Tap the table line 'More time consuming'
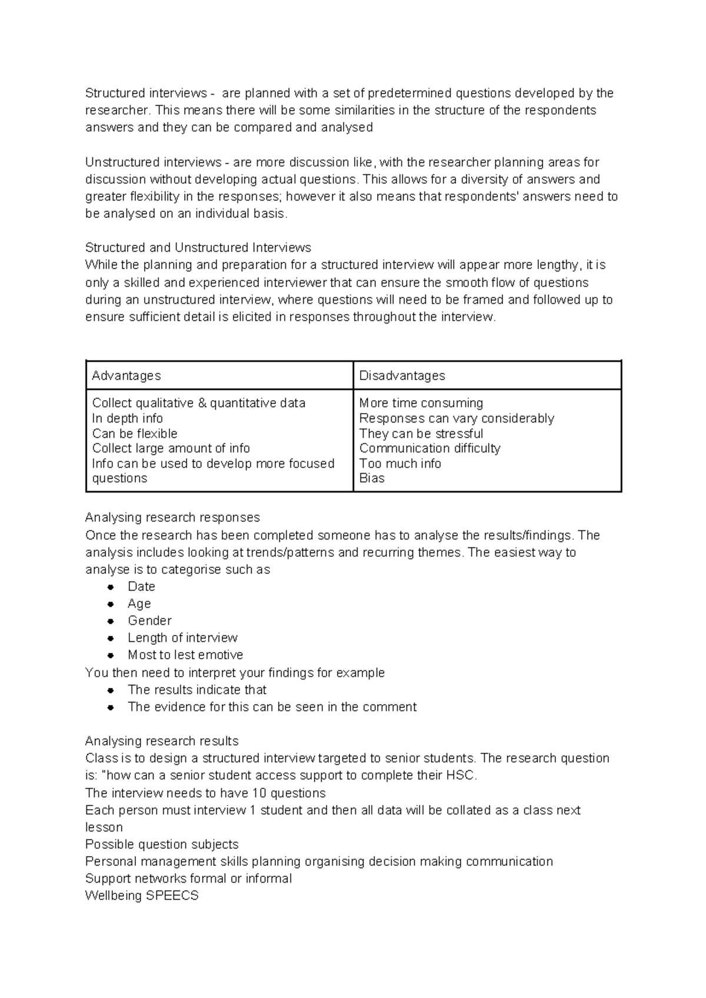tap(421, 403)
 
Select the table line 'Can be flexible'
tap(135, 434)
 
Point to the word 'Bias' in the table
tap(372, 478)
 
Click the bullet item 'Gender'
tap(149, 621)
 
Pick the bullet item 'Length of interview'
tap(182, 638)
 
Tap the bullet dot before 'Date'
tap(110, 587)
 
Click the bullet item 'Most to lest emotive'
tap(185, 655)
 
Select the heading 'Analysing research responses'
tap(172, 518)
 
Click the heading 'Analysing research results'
tap(162, 741)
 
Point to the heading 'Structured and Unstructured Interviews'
tap(198, 248)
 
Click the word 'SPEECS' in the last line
tap(176, 896)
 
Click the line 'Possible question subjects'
tap(162, 844)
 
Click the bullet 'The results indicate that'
tap(197, 690)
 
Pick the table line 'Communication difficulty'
tap(429, 448)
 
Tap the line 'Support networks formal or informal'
tap(188, 879)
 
